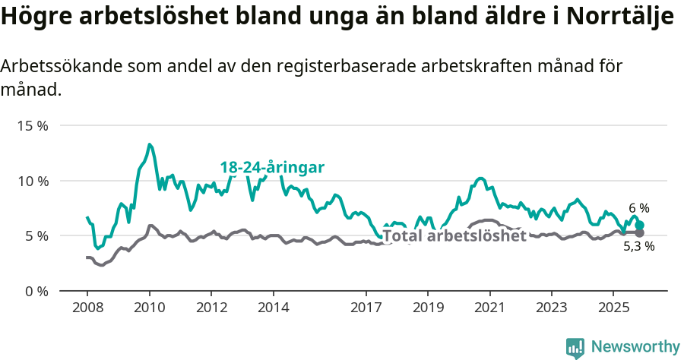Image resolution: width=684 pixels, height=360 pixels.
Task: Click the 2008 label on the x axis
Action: click(87, 308)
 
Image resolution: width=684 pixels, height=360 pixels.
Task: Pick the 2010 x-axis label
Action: click(150, 308)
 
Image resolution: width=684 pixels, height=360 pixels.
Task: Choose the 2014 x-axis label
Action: click(274, 308)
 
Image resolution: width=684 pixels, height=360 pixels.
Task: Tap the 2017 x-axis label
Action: click(366, 308)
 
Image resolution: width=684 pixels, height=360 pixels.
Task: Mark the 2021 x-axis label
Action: click(489, 308)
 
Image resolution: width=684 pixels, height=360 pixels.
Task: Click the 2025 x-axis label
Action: click(613, 308)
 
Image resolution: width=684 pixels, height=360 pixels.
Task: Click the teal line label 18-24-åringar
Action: click(272, 168)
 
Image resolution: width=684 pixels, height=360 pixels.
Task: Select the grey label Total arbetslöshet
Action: click(454, 235)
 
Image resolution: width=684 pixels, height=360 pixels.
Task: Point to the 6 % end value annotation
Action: click(639, 208)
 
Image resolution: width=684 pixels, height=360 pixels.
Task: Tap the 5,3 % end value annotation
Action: click(639, 247)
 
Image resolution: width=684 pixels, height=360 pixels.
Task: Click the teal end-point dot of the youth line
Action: click(640, 225)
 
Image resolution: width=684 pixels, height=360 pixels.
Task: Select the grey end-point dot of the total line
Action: click(639, 233)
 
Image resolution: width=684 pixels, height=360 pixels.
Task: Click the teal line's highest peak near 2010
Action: click(150, 144)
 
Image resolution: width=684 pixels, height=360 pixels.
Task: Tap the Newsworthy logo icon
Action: click(575, 348)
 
